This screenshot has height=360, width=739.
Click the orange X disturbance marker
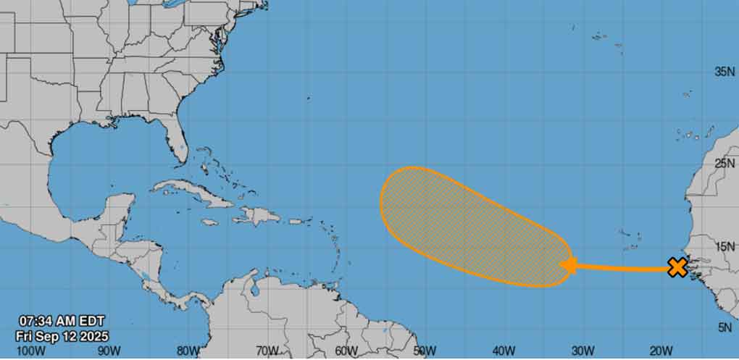[x=677, y=267]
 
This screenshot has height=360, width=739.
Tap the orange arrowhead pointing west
[x=569, y=266]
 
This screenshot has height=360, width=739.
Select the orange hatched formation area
[x=464, y=225]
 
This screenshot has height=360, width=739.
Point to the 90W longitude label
[x=108, y=351]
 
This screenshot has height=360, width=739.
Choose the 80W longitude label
[x=188, y=351]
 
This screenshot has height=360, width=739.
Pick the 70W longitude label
[x=267, y=351]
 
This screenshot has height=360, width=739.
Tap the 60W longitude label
[x=346, y=351]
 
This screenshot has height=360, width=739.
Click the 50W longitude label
[x=426, y=351]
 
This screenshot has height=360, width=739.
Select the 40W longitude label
[x=504, y=351]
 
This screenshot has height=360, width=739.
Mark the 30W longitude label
[x=583, y=351]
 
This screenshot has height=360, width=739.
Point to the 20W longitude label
[x=662, y=351]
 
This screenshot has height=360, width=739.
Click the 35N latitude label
[x=725, y=72]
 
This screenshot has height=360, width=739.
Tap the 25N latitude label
[x=725, y=164]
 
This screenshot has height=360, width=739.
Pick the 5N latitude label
[x=725, y=327]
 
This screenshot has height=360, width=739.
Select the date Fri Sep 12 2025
[x=63, y=335]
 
